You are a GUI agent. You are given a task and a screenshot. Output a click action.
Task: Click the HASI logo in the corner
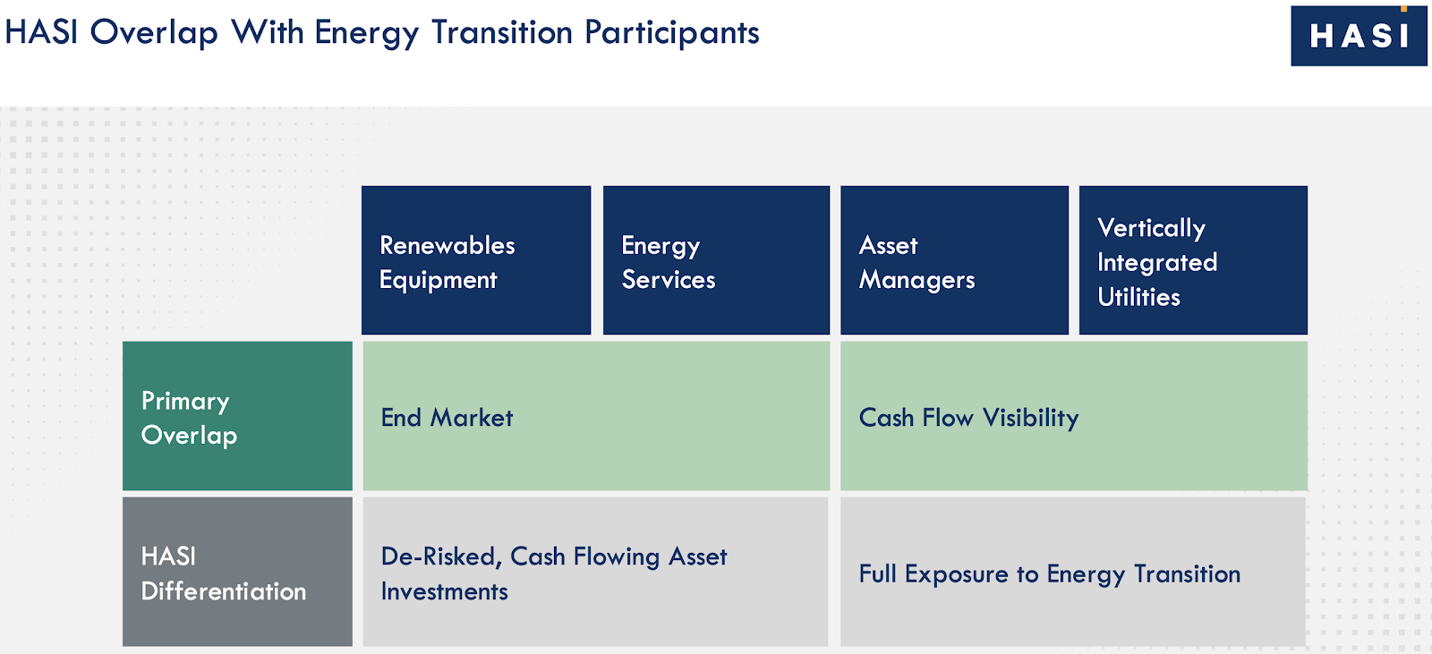tap(1359, 36)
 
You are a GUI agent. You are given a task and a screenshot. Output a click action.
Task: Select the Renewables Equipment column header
tap(475, 260)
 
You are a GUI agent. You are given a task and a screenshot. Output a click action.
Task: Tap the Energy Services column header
tap(716, 260)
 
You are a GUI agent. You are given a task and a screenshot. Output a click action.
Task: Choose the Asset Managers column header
tap(954, 260)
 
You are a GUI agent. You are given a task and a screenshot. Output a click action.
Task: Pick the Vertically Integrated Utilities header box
tap(1193, 260)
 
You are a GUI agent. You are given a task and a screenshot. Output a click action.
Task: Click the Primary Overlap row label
tap(237, 415)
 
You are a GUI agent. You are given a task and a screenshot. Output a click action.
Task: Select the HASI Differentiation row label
tap(237, 572)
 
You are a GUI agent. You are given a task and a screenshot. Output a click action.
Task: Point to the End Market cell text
tap(447, 418)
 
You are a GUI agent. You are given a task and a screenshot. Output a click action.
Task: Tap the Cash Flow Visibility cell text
tap(968, 418)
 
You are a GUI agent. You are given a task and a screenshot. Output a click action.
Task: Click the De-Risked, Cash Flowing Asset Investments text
tap(554, 573)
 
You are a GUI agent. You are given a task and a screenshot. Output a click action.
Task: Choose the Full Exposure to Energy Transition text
tap(1050, 574)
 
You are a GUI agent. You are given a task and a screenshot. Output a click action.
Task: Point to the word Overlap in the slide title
tap(154, 32)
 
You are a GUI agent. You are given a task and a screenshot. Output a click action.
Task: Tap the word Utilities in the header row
tap(1138, 297)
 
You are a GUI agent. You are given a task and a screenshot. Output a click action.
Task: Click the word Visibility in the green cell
tap(1030, 418)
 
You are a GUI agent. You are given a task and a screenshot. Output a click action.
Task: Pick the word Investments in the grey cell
tap(444, 591)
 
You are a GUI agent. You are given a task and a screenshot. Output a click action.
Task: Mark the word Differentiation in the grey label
tap(223, 590)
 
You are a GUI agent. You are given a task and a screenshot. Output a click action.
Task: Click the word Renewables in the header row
tap(447, 245)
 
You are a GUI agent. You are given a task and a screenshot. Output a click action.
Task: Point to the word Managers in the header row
tap(916, 280)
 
